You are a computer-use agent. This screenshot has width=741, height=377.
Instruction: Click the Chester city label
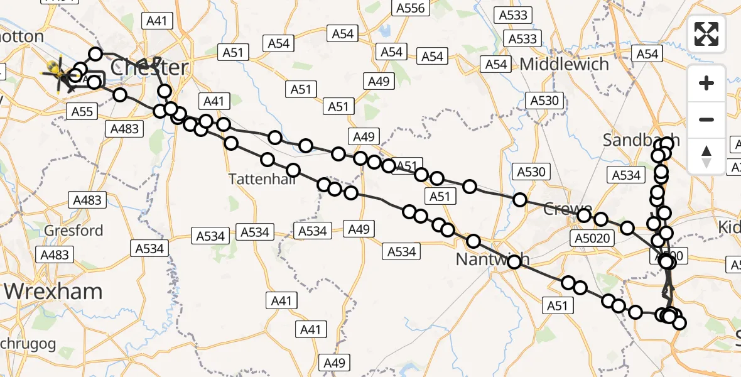coord(149,67)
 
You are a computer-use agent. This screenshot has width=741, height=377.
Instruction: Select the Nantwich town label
coord(492,259)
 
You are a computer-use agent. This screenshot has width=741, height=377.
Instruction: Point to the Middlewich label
coord(565,64)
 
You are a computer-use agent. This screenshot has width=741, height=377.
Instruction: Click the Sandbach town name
coord(641,139)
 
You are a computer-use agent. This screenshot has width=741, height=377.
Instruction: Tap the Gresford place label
coord(73,230)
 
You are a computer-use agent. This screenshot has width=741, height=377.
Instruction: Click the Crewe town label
coord(568,209)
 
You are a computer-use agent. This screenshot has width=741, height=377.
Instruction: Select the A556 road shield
coord(411,8)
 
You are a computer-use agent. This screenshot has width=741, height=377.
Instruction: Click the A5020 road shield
coord(591,238)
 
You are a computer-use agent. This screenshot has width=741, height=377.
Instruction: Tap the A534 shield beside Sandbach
coord(626,175)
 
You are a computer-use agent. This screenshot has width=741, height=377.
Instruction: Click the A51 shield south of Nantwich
coord(557,306)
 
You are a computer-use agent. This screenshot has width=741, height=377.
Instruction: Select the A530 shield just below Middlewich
coord(543,101)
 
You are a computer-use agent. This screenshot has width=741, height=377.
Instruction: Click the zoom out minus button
coord(706,119)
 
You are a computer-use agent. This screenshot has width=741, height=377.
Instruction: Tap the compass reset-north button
coord(706,156)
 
